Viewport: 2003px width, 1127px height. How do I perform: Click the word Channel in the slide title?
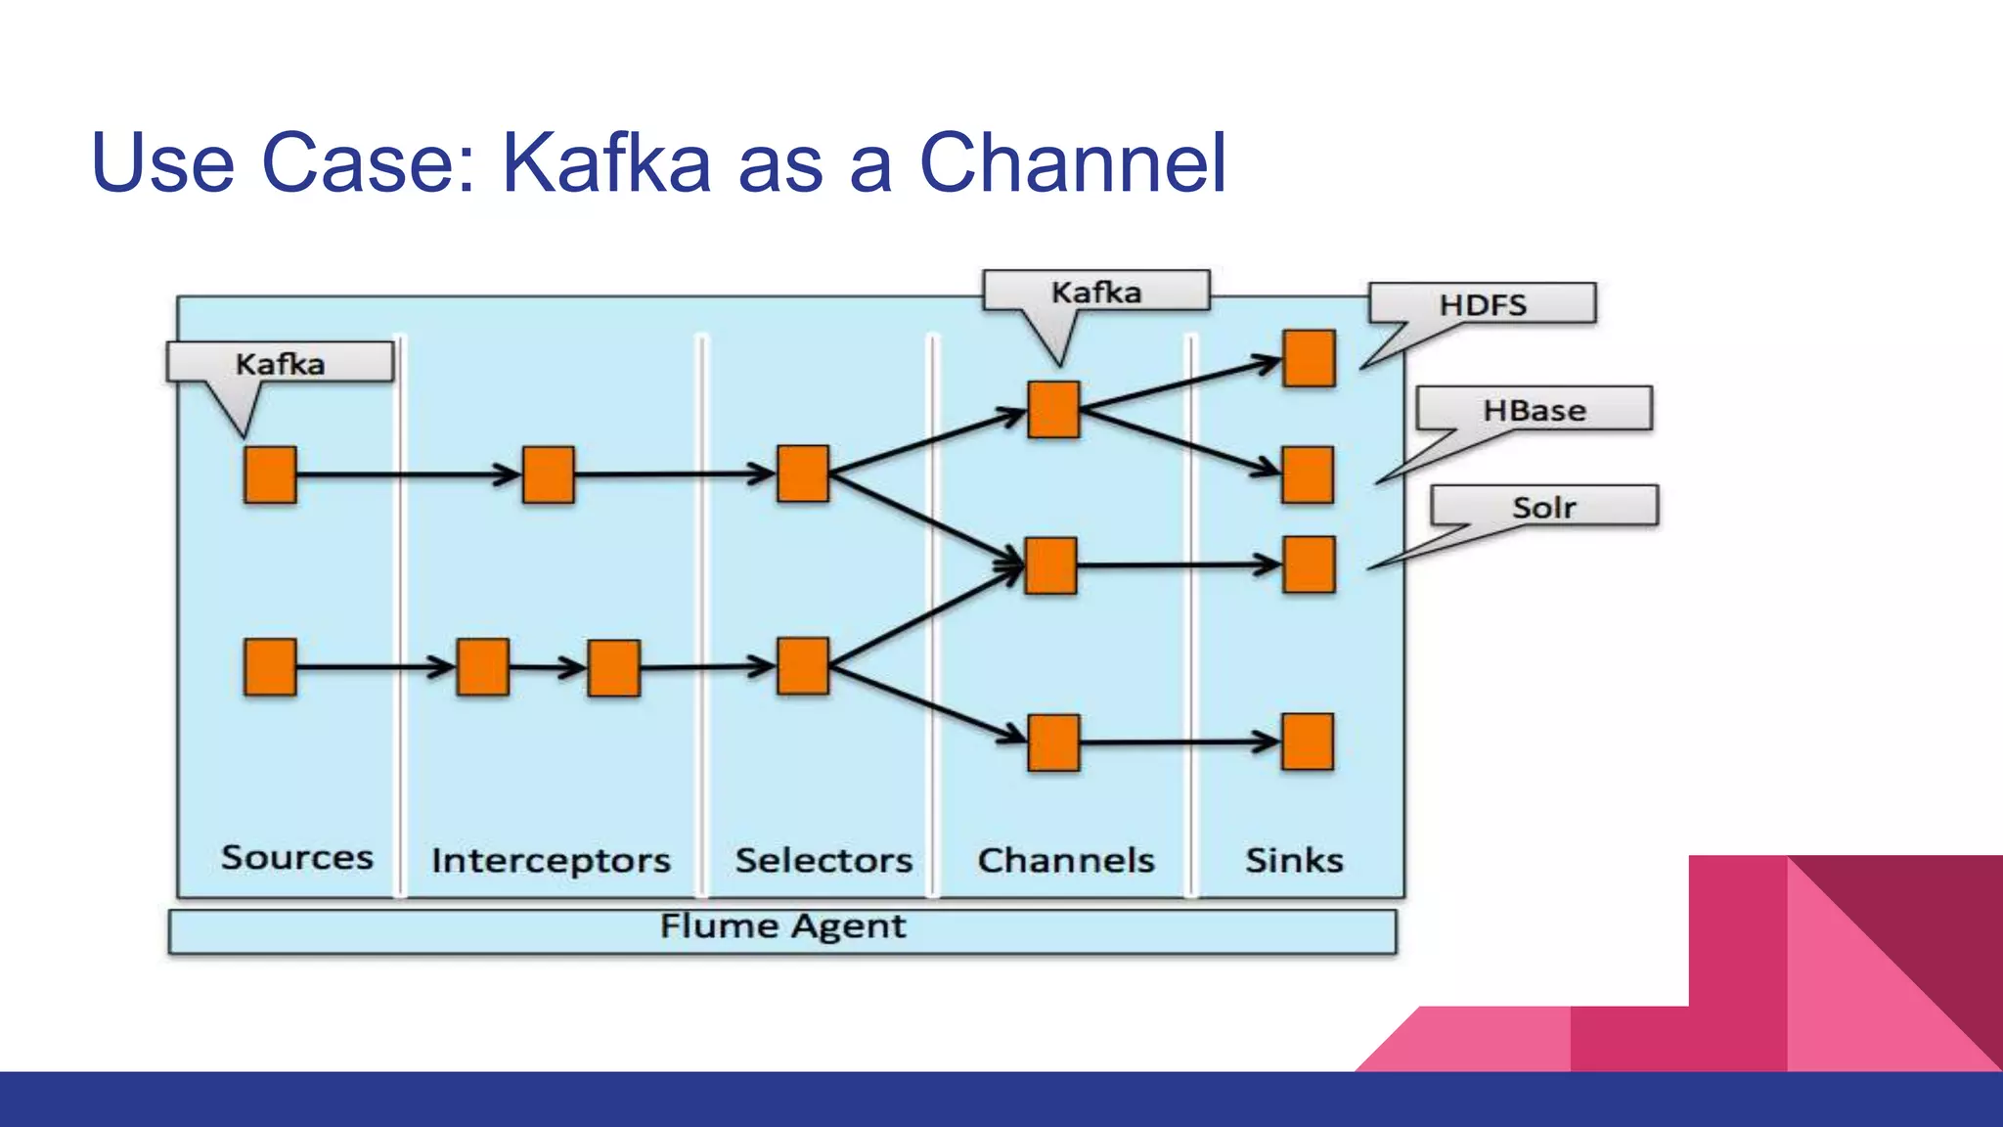click(x=1072, y=163)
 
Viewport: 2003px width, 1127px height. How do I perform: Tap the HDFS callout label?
click(x=1483, y=304)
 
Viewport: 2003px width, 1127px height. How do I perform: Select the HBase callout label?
click(x=1534, y=409)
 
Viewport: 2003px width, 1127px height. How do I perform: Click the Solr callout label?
click(x=1544, y=507)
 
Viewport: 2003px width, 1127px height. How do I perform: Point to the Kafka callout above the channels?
click(x=1096, y=292)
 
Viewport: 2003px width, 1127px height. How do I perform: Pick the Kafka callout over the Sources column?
click(x=280, y=363)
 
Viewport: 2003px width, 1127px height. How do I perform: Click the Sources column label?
click(x=296, y=857)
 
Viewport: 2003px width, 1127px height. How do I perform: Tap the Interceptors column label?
click(x=551, y=860)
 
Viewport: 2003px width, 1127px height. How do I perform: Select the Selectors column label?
click(x=823, y=860)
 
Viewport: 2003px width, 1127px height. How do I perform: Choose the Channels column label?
click(x=1066, y=860)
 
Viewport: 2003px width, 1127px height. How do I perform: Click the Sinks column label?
click(x=1294, y=860)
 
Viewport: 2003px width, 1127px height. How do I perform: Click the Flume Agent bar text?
click(x=782, y=925)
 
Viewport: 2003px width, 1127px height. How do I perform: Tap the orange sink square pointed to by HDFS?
click(x=1309, y=358)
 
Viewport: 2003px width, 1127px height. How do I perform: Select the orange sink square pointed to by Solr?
click(x=1309, y=564)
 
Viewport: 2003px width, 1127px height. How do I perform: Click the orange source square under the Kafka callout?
click(x=270, y=474)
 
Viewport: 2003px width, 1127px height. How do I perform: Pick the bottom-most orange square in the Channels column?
click(x=1053, y=743)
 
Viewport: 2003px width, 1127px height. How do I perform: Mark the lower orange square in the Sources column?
click(x=270, y=667)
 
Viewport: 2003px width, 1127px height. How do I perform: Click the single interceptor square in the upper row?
click(x=548, y=474)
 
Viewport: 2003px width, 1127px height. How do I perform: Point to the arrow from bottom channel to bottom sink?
click(x=1179, y=743)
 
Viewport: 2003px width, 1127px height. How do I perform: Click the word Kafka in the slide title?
click(x=606, y=163)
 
